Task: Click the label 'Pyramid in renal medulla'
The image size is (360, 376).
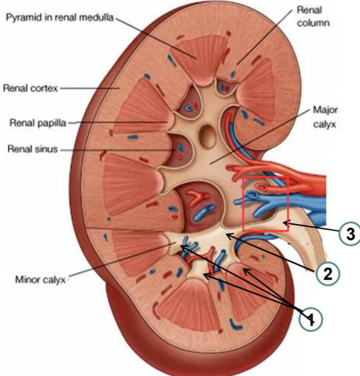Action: tap(59, 19)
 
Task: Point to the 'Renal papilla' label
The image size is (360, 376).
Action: tap(38, 122)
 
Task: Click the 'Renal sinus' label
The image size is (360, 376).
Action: tap(33, 150)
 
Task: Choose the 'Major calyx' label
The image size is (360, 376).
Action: tap(324, 117)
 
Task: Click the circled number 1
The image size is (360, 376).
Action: tap(310, 318)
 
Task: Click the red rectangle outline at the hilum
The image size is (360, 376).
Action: tap(265, 203)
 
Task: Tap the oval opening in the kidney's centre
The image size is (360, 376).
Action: tap(209, 134)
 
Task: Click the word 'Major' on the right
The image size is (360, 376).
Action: tap(324, 111)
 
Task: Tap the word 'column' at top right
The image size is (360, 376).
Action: tap(312, 23)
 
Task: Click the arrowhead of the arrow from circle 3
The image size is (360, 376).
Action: tap(284, 224)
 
